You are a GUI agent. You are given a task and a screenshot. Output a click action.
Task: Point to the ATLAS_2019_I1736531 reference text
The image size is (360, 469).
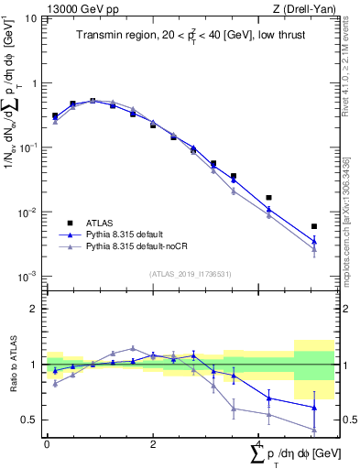[191, 273]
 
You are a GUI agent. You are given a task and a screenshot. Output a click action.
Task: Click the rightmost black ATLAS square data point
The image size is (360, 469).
[314, 226]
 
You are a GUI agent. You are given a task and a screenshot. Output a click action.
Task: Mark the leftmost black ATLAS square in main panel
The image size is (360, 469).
[55, 116]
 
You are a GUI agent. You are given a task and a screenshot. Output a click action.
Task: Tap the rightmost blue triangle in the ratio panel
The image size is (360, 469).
[314, 408]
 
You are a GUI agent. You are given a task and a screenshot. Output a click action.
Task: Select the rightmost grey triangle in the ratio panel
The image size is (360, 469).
[314, 429]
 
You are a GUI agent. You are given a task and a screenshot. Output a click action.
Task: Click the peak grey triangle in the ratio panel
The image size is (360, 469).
[133, 348]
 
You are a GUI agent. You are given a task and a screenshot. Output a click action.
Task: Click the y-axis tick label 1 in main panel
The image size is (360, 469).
[34, 83]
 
